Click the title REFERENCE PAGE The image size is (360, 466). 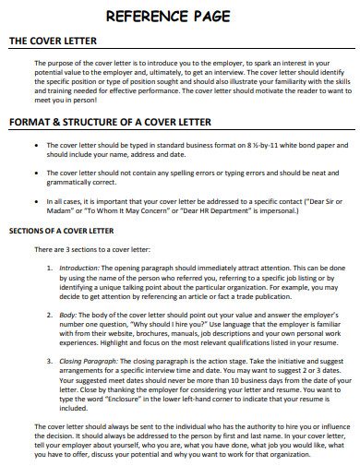(x=180, y=16)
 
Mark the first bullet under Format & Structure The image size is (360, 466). (x=35, y=146)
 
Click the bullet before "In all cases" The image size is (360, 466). (x=35, y=199)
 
